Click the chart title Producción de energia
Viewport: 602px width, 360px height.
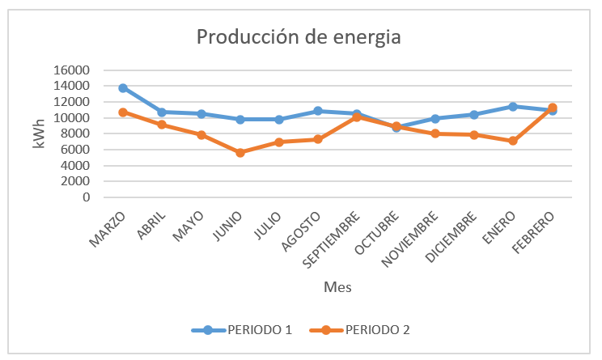299,37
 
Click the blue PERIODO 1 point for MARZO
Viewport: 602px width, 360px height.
123,87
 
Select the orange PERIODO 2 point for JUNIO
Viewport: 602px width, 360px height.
240,152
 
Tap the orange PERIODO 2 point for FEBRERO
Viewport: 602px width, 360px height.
552,108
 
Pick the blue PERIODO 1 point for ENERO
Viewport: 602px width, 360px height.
513,106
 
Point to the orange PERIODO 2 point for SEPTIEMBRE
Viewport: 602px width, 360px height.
357,117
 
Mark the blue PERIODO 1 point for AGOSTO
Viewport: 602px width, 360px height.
318,111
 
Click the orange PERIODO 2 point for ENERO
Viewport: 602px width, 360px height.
513,141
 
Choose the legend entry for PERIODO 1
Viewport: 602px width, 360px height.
240,329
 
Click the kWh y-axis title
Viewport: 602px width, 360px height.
39,133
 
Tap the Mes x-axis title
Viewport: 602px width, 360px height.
337,286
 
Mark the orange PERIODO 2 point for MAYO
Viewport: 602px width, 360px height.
201,135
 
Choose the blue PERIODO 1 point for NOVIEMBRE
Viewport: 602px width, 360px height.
435,118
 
